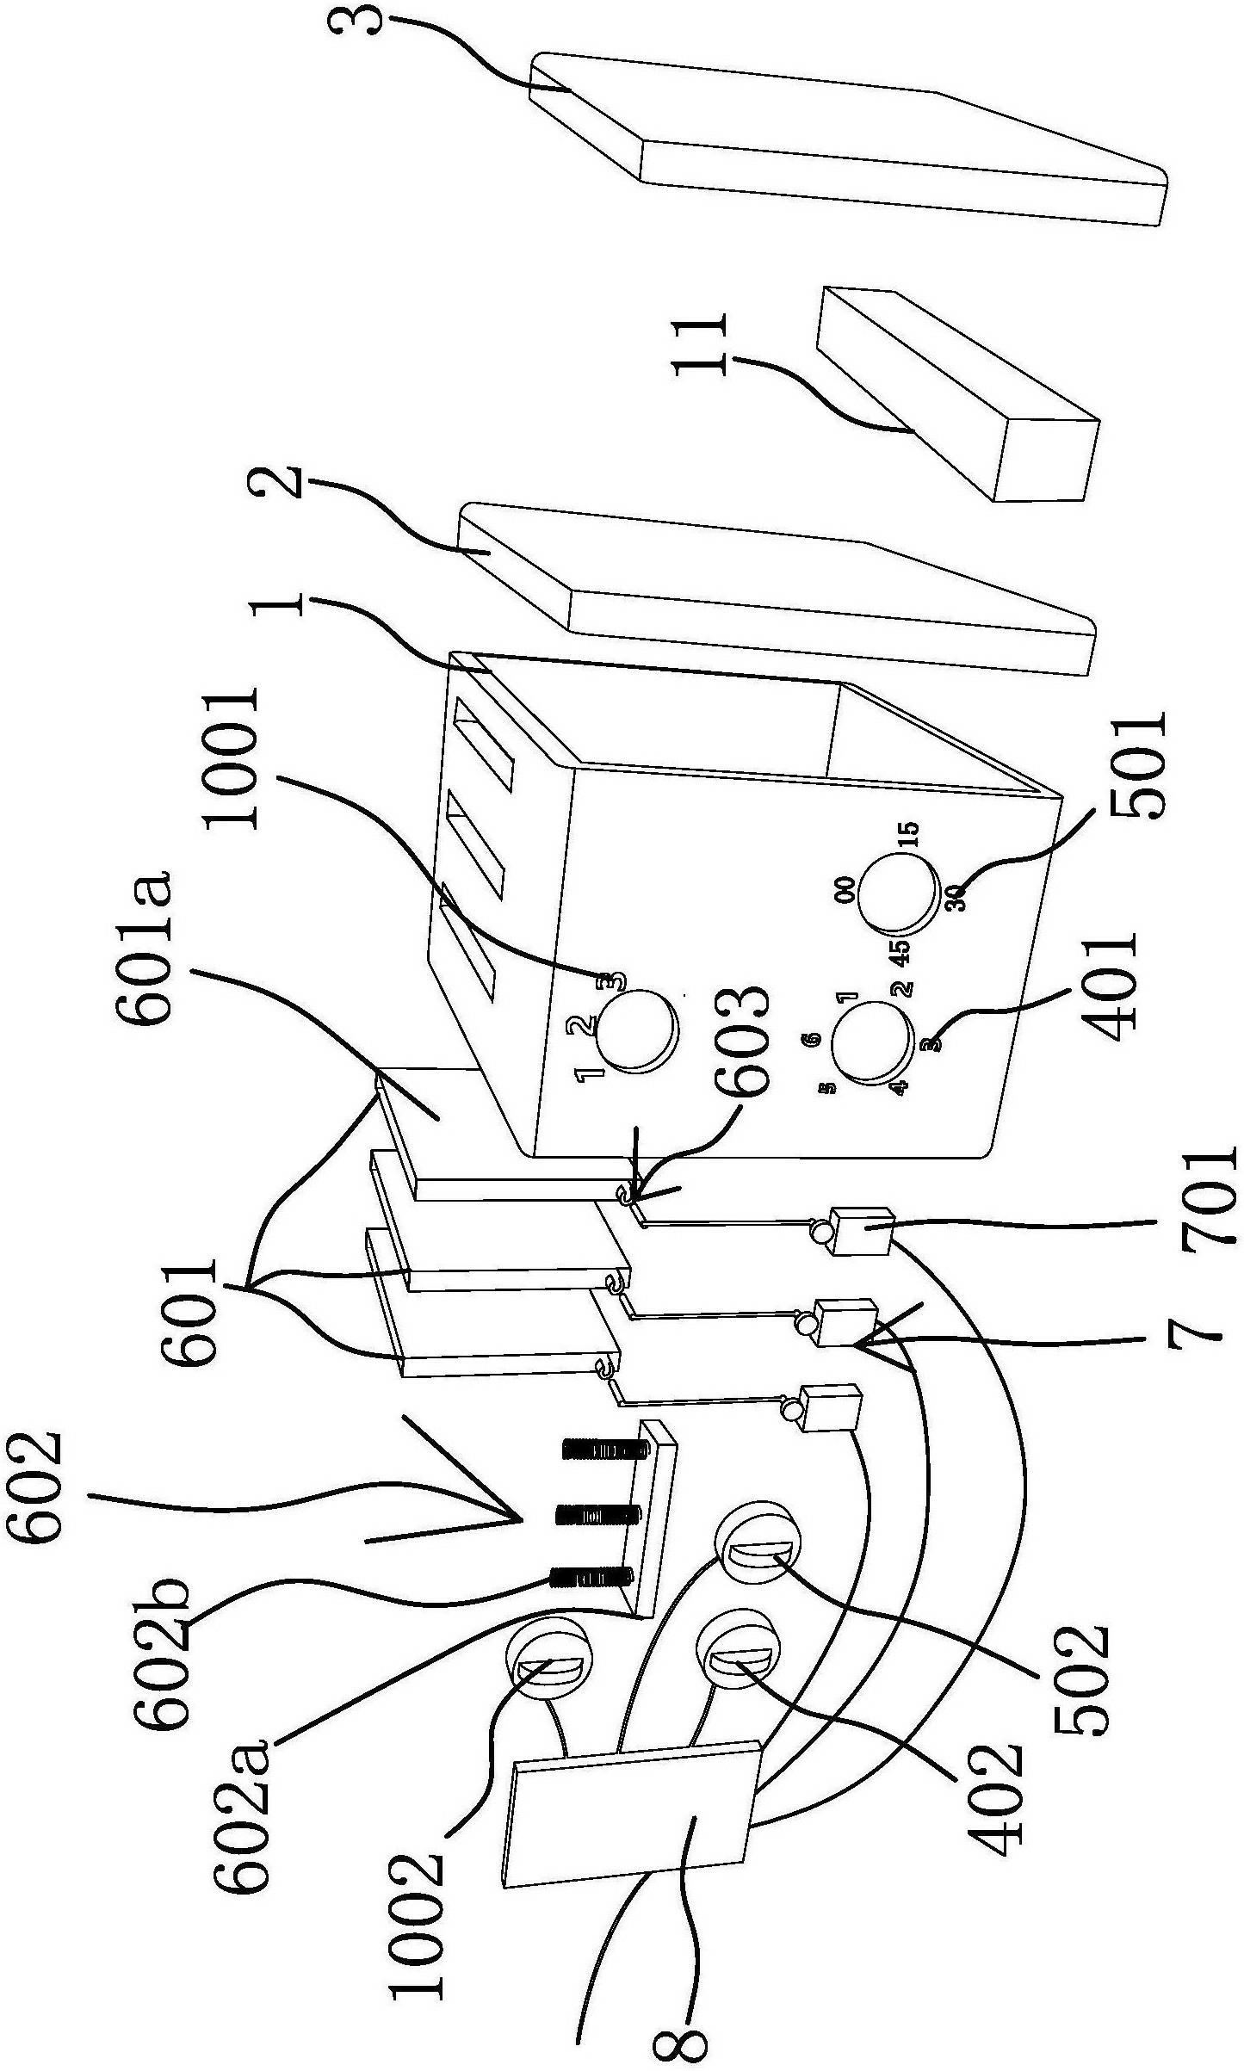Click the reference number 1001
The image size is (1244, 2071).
[231, 758]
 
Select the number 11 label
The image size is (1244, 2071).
[701, 344]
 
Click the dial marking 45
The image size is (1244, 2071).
[900, 951]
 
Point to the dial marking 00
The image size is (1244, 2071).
[845, 888]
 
